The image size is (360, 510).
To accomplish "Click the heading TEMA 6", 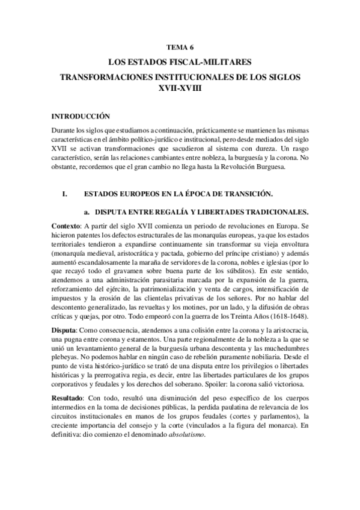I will tap(180, 46).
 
